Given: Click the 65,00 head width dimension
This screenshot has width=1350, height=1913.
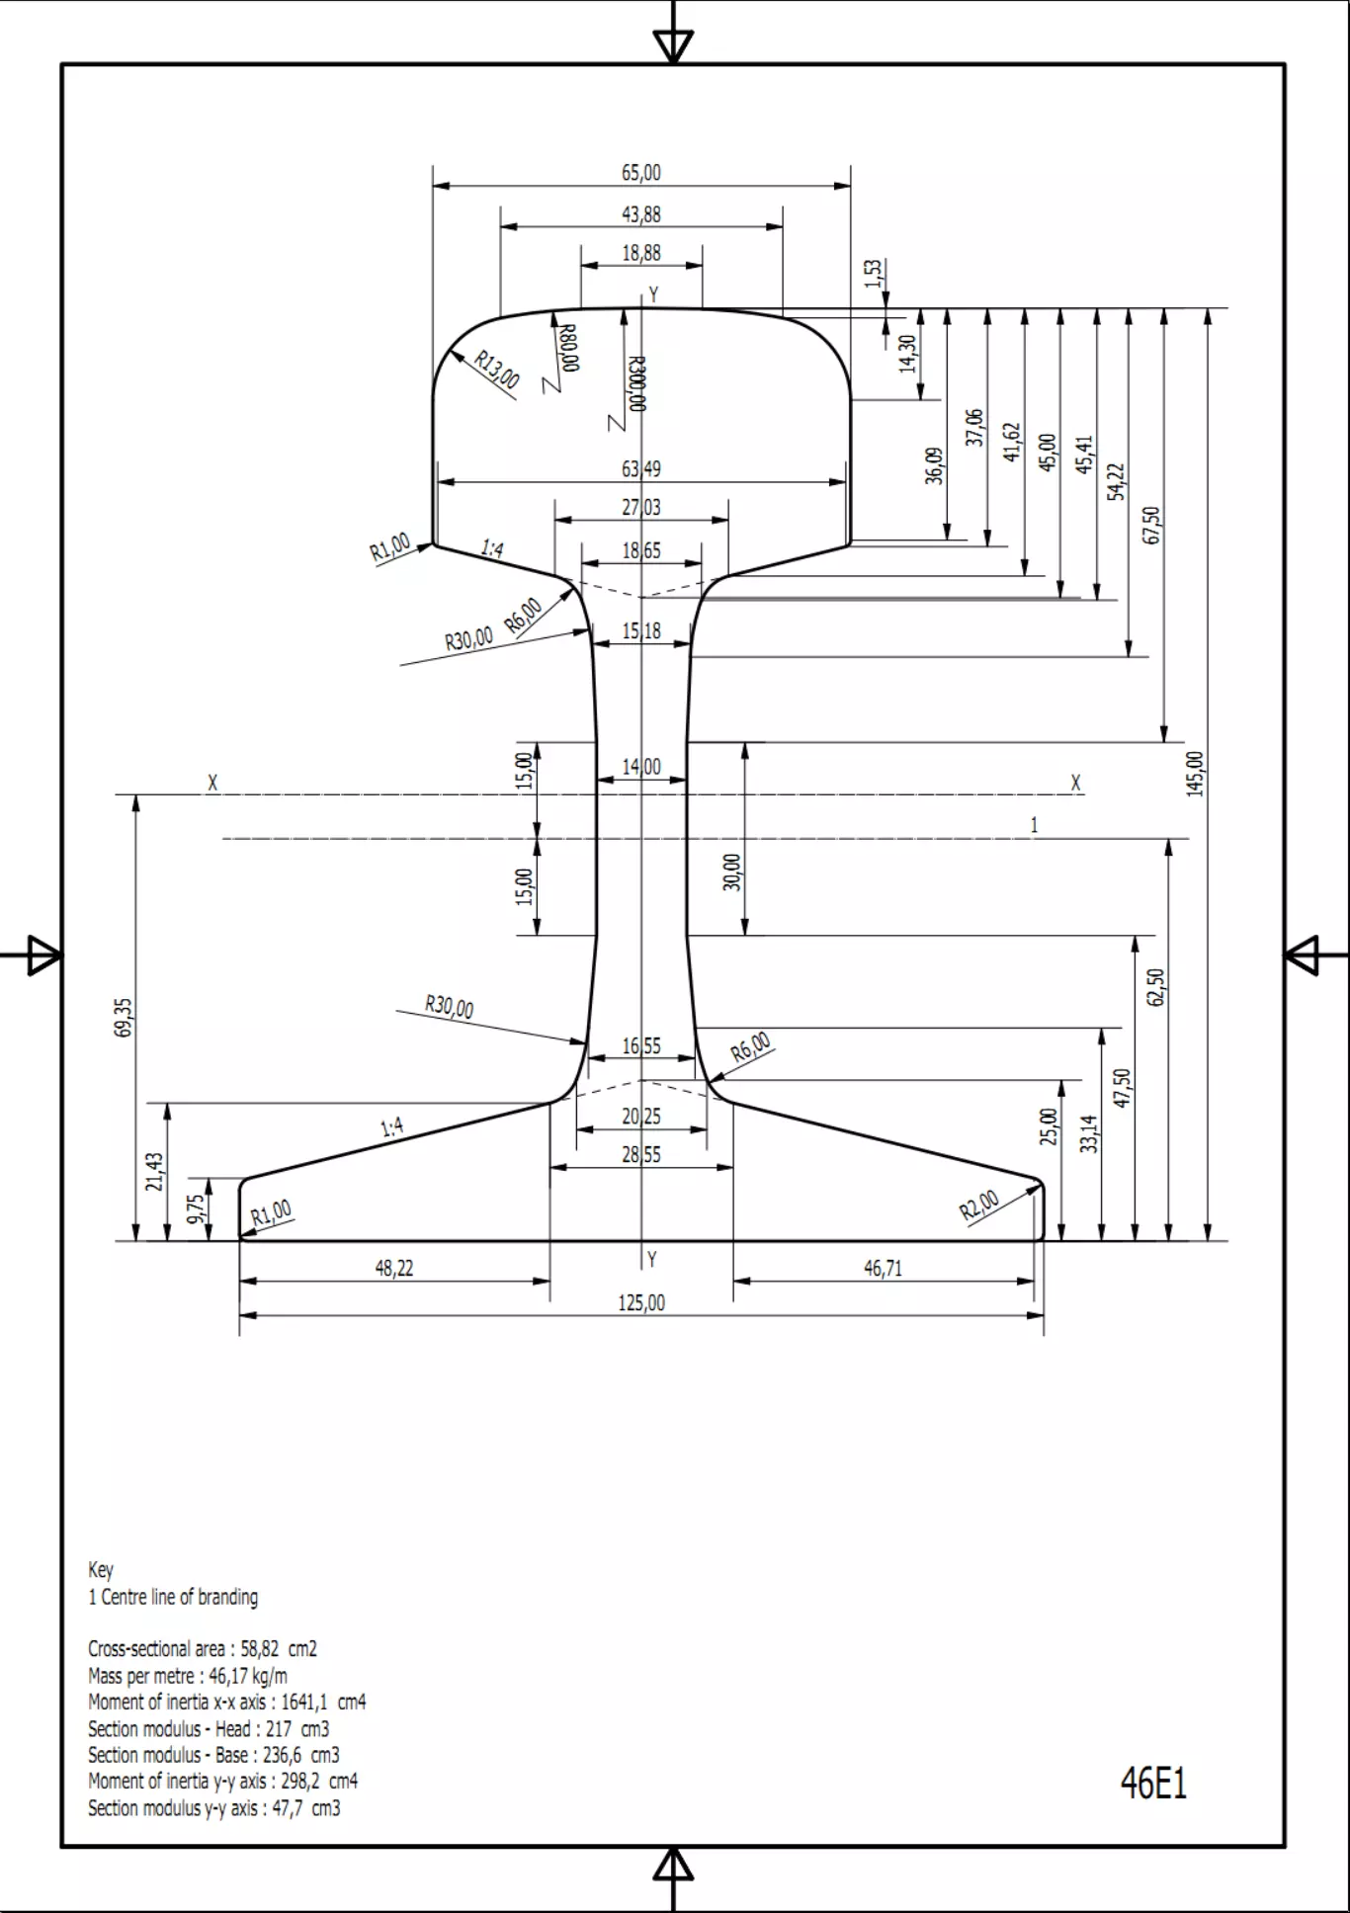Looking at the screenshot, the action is (x=641, y=173).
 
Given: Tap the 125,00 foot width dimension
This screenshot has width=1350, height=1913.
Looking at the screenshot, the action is (x=641, y=1303).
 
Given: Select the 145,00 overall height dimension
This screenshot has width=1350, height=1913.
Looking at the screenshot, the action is (x=1196, y=774).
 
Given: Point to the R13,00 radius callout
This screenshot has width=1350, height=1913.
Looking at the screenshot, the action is (x=496, y=370).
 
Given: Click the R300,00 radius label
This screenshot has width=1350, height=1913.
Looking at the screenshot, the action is (x=636, y=383).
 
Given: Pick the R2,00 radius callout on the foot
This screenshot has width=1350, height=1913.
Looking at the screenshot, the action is (x=979, y=1205).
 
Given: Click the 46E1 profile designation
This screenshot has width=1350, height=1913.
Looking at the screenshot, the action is (x=1153, y=1783).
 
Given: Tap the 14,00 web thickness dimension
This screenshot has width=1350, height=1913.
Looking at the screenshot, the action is (x=641, y=767).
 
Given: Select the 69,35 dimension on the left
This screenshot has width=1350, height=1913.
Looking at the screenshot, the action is (x=124, y=1017).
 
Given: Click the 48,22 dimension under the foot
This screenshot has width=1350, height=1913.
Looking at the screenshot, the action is (x=394, y=1268).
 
